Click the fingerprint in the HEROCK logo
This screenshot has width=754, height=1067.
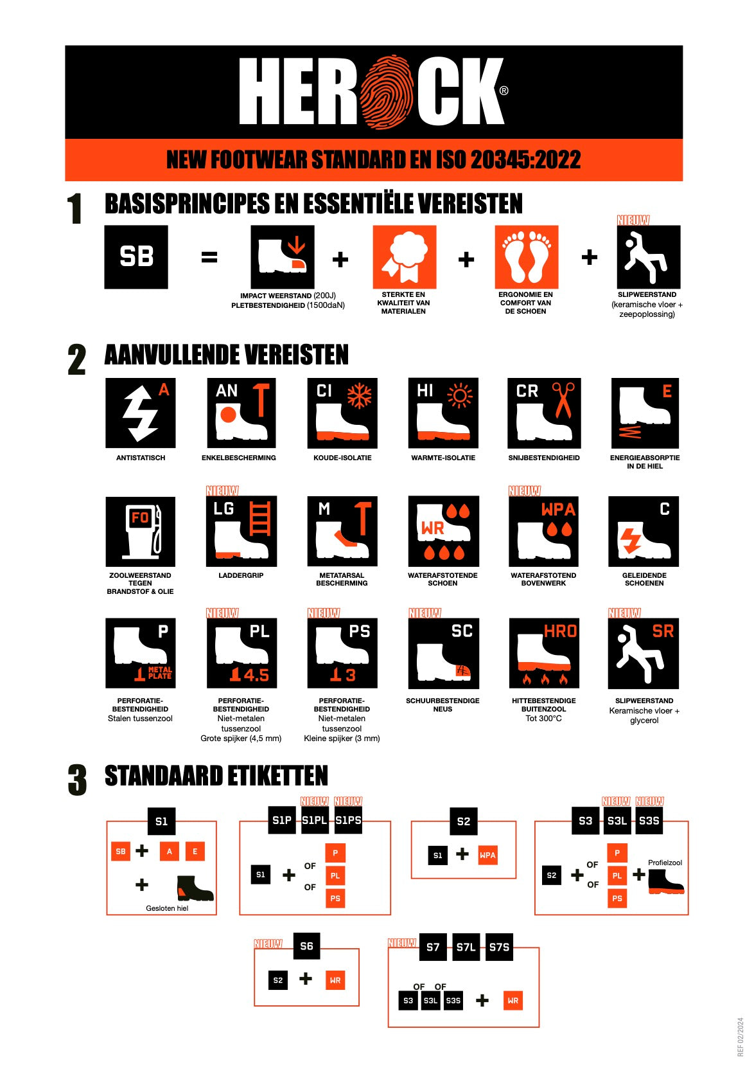click(x=386, y=93)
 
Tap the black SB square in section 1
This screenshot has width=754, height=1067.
click(x=136, y=256)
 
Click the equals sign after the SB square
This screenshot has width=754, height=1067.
click(x=209, y=257)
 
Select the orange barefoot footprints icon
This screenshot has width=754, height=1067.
click(x=527, y=256)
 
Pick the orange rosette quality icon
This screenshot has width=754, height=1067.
click(x=405, y=256)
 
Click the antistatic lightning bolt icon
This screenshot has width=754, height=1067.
click(x=141, y=413)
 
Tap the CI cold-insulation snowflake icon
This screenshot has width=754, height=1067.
click(x=342, y=413)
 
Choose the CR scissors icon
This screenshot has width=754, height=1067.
click(x=544, y=413)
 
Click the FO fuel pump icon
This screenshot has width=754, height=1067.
click(x=141, y=532)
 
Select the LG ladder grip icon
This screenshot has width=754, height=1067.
click(x=241, y=531)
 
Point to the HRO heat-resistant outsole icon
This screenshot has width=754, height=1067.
click(x=544, y=653)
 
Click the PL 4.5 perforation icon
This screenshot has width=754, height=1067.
click(x=242, y=653)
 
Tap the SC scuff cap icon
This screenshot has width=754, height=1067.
click(x=443, y=653)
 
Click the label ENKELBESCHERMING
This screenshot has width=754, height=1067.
click(x=238, y=458)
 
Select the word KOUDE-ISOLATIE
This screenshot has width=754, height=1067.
click(x=342, y=458)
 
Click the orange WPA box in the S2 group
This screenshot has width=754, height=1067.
click(x=487, y=855)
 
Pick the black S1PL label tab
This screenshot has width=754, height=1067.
click(x=315, y=820)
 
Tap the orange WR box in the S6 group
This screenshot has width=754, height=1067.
click(x=335, y=980)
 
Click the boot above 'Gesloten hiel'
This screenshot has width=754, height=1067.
click(x=195, y=888)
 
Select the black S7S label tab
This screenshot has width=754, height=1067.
click(x=499, y=947)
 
